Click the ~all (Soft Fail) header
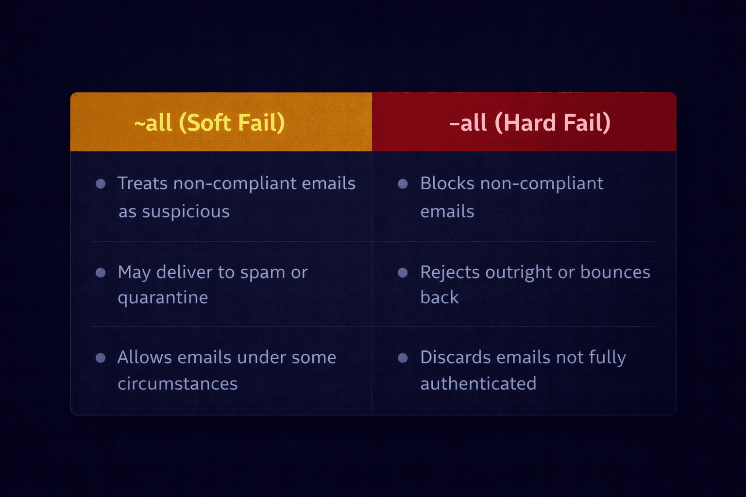coord(209,122)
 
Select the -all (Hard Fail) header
coord(529,122)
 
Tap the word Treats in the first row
coord(142,183)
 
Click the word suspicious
coord(186,212)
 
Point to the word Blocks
coord(447,183)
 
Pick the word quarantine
coord(163,298)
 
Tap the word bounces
coord(615,272)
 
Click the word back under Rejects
coord(439,298)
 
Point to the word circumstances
coord(178,384)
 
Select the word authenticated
coord(478,384)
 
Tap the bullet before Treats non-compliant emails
coord(101,183)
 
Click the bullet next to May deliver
coord(101,272)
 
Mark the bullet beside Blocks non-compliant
coord(403,183)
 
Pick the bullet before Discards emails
coord(403,358)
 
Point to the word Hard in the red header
coord(530,122)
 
